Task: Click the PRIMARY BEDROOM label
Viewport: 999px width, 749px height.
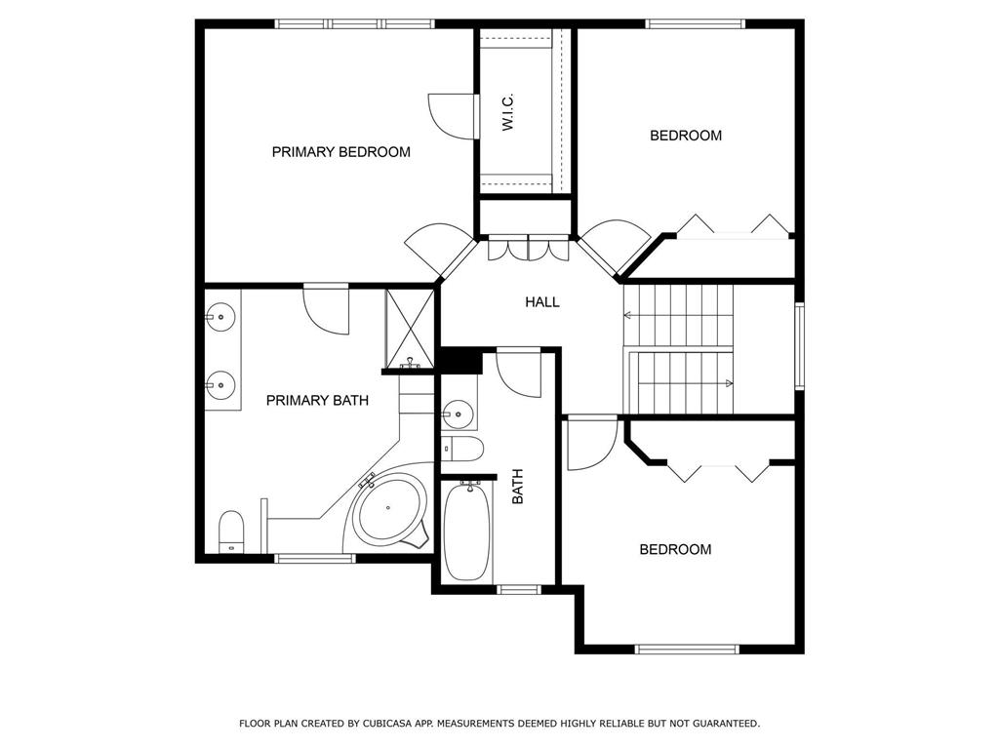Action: point(340,152)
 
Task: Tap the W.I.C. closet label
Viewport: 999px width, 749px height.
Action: point(507,113)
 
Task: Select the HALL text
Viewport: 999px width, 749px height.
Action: point(542,302)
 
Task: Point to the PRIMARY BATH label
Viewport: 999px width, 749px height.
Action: point(317,401)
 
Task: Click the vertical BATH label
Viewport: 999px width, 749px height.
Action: point(518,487)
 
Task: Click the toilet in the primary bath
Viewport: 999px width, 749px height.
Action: point(231,532)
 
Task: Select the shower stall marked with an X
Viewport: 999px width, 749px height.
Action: point(410,329)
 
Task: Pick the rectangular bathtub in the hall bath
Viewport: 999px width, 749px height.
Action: point(467,531)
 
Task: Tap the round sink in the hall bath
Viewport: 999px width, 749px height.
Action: point(458,414)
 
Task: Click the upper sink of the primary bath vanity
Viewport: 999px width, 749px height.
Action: point(220,317)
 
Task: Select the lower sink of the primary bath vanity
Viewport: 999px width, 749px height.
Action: point(220,384)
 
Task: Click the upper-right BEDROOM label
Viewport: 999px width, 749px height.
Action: point(686,136)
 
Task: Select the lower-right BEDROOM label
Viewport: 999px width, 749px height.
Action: point(675,550)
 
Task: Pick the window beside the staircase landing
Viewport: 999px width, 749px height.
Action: point(800,346)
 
